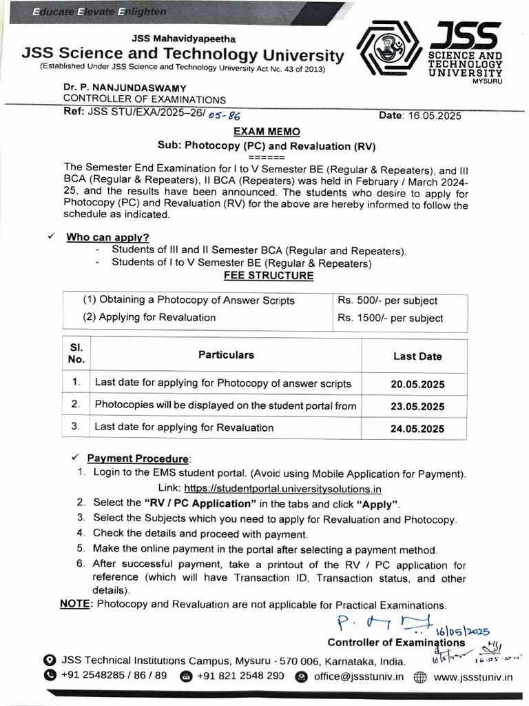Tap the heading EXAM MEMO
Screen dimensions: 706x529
pos(266,131)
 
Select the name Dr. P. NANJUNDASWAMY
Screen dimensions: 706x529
pos(117,88)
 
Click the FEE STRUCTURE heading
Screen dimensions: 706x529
pos(269,276)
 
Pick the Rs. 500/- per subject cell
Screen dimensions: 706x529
pos(387,301)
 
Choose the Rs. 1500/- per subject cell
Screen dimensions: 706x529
pos(390,318)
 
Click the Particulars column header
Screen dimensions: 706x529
pos(226,355)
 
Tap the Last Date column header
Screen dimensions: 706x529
pos(417,356)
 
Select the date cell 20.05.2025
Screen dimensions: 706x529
pos(417,384)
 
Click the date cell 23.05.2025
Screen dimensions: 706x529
pos(417,406)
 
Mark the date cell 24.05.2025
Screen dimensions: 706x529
pos(417,428)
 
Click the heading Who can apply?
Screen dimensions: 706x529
pos(107,237)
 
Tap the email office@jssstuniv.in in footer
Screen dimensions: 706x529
pos(358,676)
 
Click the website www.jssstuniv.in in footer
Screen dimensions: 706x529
pos(473,676)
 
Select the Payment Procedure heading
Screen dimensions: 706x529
pos(138,458)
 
